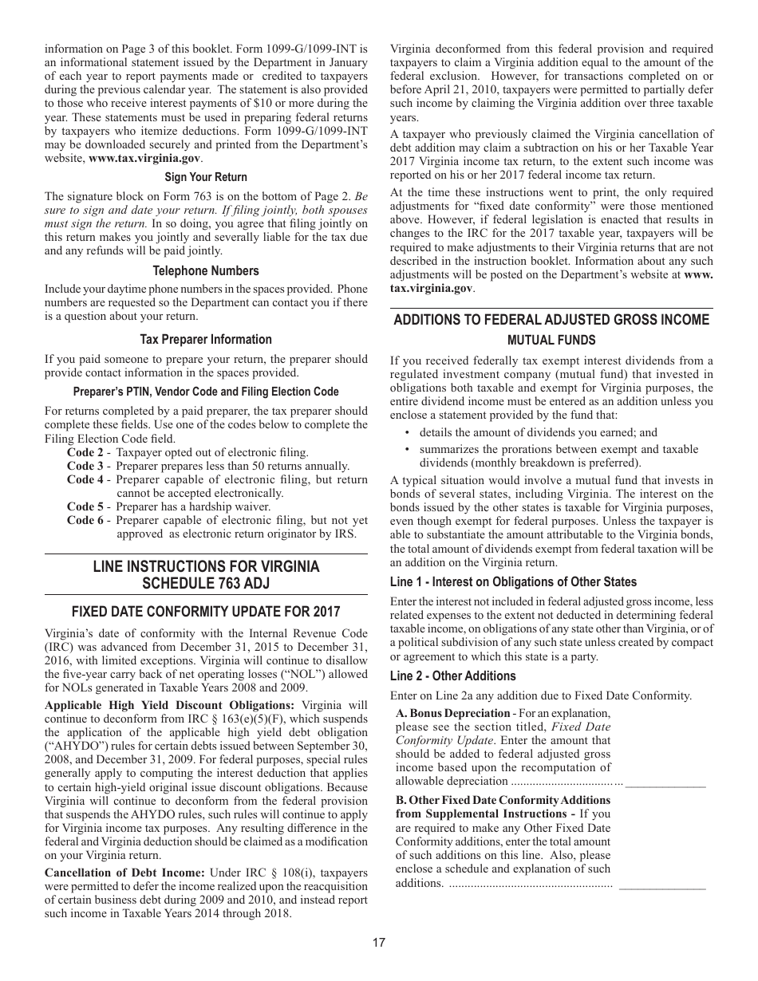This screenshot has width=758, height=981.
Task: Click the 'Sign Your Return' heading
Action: point(206,177)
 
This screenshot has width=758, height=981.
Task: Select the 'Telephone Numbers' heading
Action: point(206,270)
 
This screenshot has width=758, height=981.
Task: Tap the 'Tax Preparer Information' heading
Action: point(206,339)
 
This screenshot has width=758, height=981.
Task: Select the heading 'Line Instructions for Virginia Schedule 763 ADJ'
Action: point(206,574)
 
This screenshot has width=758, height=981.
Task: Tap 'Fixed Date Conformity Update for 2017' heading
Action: point(206,612)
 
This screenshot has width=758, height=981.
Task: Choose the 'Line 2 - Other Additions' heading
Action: point(452,676)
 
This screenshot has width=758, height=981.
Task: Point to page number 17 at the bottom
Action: point(379,942)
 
